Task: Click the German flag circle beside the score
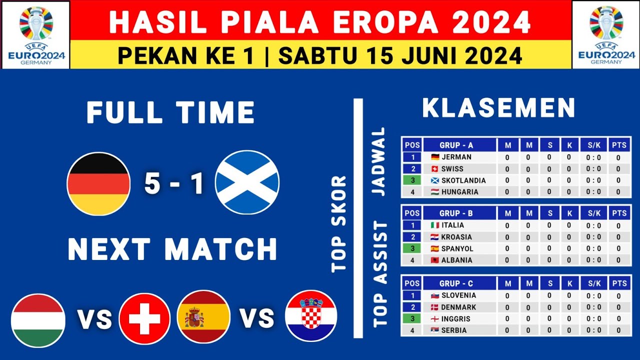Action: (98, 184)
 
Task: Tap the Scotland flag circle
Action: (247, 182)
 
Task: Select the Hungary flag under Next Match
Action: (38, 320)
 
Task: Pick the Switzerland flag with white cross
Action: (144, 318)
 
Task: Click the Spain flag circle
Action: (203, 317)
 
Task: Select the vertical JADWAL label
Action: (379, 161)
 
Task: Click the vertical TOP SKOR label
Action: (339, 223)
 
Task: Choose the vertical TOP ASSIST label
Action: (380, 274)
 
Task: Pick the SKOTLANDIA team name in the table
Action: (463, 180)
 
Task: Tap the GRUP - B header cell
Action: (456, 213)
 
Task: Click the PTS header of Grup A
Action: (618, 145)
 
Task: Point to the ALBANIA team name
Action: (456, 260)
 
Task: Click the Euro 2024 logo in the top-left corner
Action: (35, 34)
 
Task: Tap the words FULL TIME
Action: (170, 112)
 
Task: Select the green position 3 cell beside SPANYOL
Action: (412, 248)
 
